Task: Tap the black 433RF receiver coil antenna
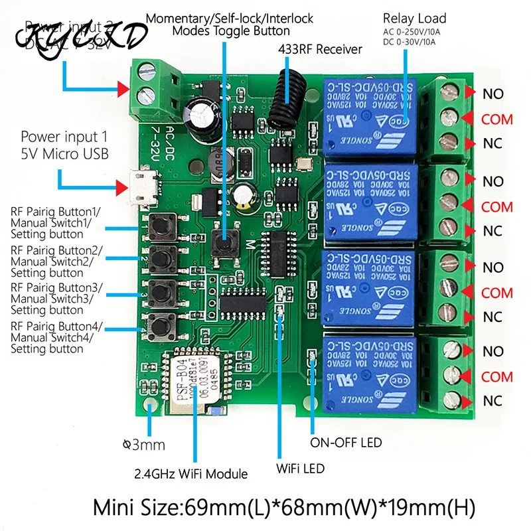point(284,100)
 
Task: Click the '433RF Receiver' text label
point(319,48)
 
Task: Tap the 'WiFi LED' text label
point(301,469)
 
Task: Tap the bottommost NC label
point(493,401)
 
